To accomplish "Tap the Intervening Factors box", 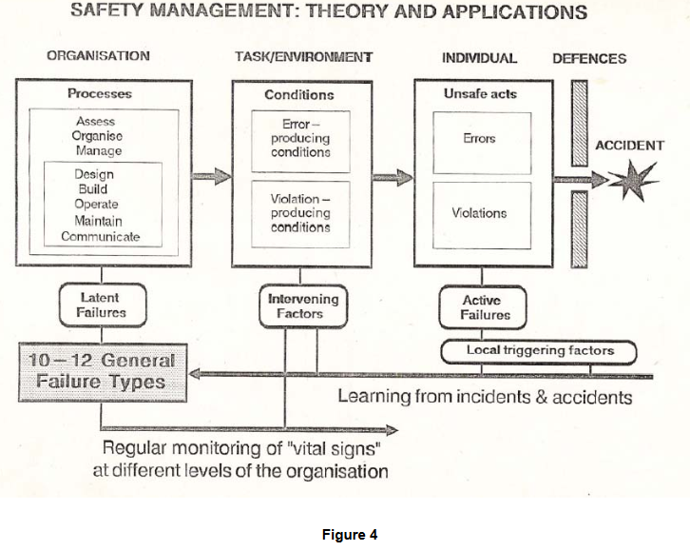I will point(302,305).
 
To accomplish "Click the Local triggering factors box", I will point(539,351).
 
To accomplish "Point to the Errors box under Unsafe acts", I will point(479,138).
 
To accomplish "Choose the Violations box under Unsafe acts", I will point(479,213).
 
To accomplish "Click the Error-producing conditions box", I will point(300,139).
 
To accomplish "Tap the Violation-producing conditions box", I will point(300,213).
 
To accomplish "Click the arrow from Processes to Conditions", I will point(210,177).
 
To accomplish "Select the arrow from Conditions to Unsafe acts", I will point(393,177).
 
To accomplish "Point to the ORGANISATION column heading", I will point(98,57).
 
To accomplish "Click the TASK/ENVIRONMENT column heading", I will point(303,57).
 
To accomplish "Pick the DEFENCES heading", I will point(589,58).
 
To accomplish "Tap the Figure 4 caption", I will point(349,534).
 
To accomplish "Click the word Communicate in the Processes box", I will point(100,236).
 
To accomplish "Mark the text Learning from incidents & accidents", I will point(485,396).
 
